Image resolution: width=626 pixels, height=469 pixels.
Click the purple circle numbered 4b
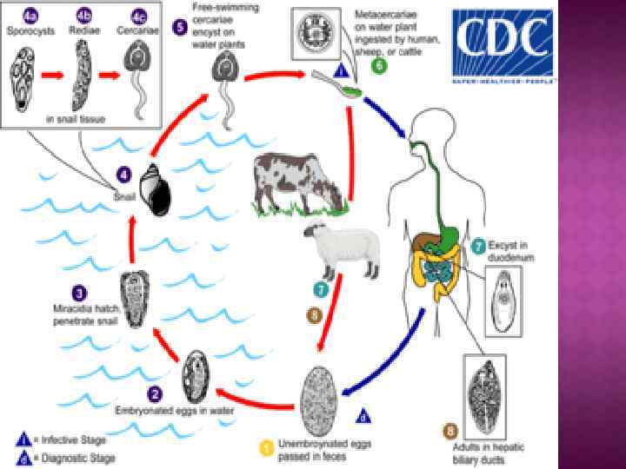tap(84, 15)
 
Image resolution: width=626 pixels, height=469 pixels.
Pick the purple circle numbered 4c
tap(137, 15)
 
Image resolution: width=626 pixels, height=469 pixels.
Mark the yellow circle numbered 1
tap(267, 447)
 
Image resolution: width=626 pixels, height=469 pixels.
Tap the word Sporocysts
tap(30, 29)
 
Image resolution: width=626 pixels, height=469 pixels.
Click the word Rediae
tap(84, 29)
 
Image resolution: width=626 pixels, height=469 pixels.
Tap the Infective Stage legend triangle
tap(23, 439)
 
